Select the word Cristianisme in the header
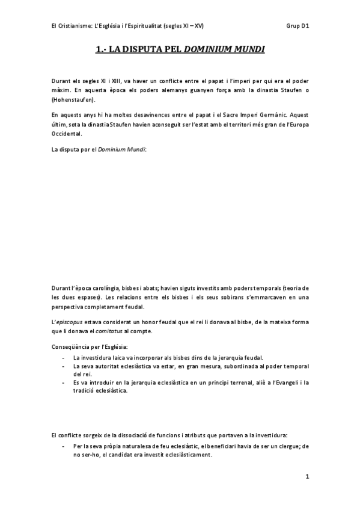pos(77,26)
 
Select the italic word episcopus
pos(72,324)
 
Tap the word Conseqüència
pos(75,348)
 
